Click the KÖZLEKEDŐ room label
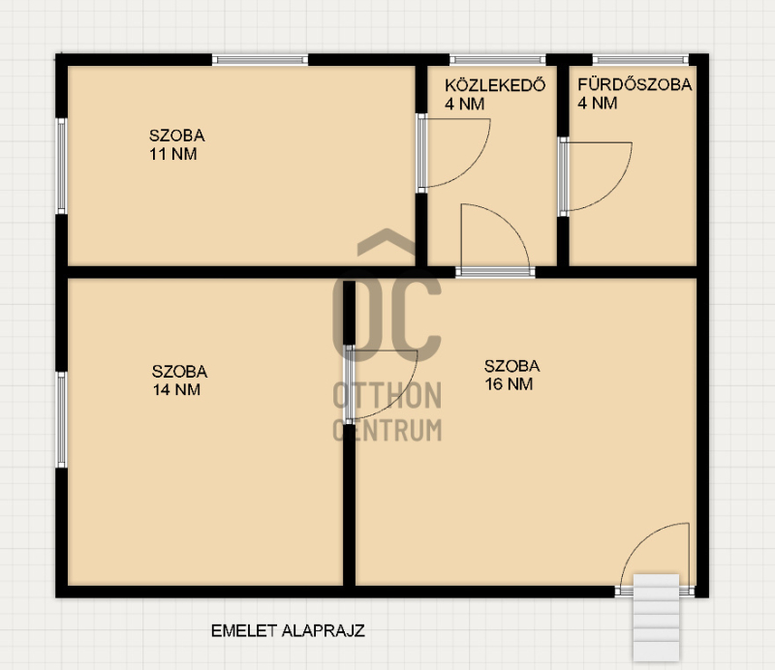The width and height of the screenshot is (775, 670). point(495,85)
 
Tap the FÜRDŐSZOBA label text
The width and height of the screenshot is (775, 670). point(635,84)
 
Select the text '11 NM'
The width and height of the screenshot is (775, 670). point(173,154)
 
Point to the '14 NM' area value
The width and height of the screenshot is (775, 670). point(176,389)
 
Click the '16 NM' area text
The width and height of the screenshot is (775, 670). point(509,384)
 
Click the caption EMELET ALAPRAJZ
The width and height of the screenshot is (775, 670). point(288,631)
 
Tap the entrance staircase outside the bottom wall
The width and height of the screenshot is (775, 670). point(656,617)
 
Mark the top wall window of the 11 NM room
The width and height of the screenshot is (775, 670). point(261,60)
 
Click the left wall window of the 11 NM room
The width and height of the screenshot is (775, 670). point(61,166)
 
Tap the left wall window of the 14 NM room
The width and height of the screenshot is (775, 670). point(61,420)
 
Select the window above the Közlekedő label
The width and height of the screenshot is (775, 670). point(498,60)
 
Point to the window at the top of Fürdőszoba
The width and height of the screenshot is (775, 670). point(640,60)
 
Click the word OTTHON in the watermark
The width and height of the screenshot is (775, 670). point(387,395)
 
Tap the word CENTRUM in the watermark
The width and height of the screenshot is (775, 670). point(387,430)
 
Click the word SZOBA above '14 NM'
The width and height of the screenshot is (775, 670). point(180,372)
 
